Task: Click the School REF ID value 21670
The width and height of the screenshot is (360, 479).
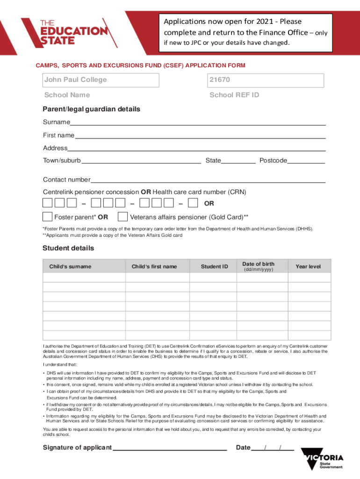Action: [265, 80]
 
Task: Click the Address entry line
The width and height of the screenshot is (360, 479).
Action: [196, 148]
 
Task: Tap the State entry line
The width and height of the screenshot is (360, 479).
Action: [238, 161]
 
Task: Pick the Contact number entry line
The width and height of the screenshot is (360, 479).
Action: [208, 180]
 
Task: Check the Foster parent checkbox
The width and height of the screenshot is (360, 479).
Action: [48, 217]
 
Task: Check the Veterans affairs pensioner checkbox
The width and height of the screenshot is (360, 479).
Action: [123, 217]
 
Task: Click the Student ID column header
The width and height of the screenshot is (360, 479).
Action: [215, 267]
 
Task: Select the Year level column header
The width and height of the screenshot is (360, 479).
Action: [308, 267]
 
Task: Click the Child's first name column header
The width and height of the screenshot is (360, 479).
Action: [154, 267]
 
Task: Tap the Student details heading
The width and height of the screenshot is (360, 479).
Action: [68, 248]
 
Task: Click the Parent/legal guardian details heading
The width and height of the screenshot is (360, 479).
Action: [92, 109]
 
